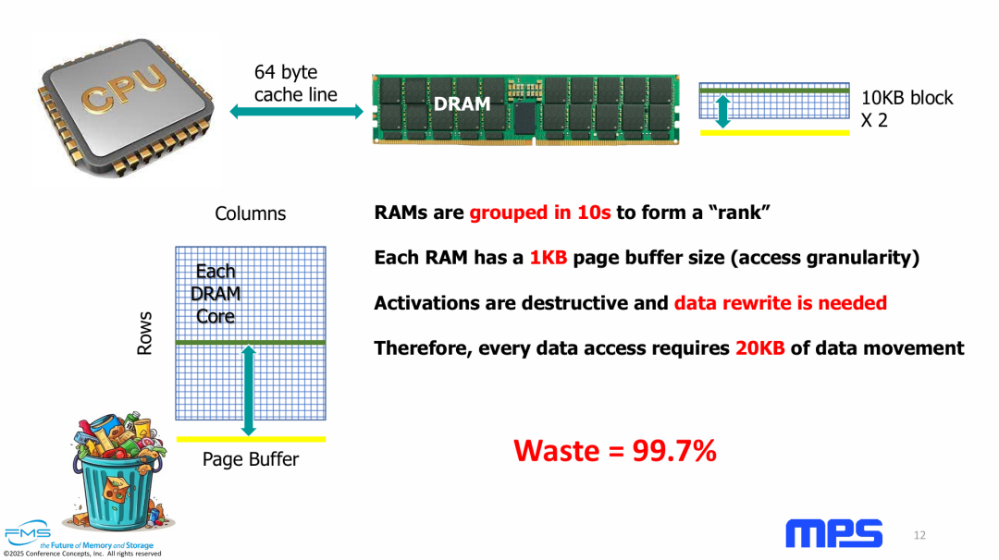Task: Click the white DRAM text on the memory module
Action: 462,104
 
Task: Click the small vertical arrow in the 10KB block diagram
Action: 723,110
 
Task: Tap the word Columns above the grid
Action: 250,213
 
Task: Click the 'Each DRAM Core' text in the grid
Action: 216,294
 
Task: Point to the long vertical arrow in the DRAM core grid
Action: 248,388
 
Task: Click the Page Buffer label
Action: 251,459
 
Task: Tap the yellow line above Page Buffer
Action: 251,438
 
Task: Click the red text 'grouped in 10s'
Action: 540,213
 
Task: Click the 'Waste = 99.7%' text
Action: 614,450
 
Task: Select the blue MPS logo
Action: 833,533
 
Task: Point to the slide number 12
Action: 919,536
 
